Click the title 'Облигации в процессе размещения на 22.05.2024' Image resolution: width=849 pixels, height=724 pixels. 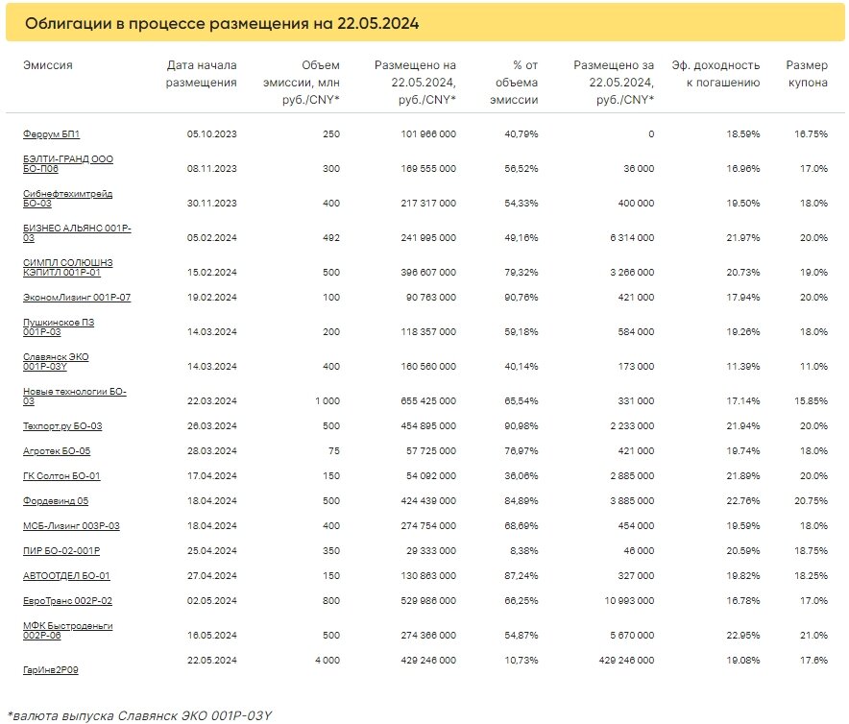pyautogui.click(x=222, y=23)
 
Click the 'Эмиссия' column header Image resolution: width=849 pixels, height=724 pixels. pyautogui.click(x=48, y=65)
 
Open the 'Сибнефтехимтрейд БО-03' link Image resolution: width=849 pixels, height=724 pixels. pyautogui.click(x=67, y=199)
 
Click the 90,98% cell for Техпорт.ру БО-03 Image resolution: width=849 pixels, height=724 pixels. pyautogui.click(x=520, y=426)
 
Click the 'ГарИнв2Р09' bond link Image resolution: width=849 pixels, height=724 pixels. pyautogui.click(x=51, y=670)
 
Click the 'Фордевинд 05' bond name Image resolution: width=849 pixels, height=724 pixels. pyautogui.click(x=56, y=501)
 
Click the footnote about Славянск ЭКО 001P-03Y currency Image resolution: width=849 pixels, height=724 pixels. pyautogui.click(x=140, y=714)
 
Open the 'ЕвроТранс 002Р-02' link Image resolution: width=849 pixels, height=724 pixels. pyautogui.click(x=67, y=601)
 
